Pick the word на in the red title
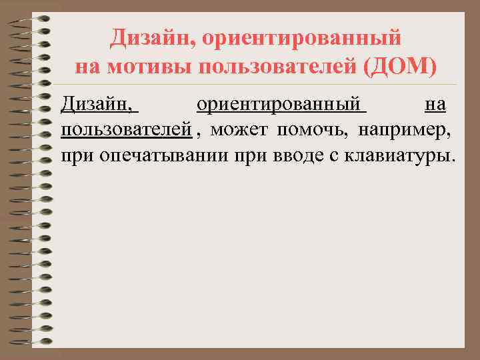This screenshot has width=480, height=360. (x=87, y=68)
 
